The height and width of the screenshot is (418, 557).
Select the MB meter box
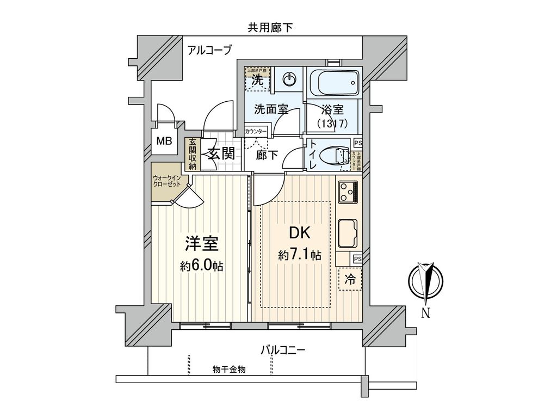click(x=164, y=142)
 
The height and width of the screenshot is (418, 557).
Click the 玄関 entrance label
click(x=221, y=154)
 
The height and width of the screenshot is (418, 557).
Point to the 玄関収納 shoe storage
click(x=192, y=155)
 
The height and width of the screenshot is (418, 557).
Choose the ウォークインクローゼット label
click(x=167, y=181)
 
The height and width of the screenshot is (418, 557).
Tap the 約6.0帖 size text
click(x=202, y=267)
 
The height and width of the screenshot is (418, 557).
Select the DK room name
click(x=299, y=233)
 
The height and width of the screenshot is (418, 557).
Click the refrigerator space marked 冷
click(x=350, y=280)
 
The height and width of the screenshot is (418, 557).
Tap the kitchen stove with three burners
click(x=348, y=191)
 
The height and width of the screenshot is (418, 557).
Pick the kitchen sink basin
click(x=348, y=233)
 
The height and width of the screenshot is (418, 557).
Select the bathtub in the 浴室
click(x=333, y=83)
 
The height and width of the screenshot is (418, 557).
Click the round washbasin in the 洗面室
click(x=289, y=80)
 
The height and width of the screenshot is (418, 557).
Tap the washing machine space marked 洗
click(x=257, y=80)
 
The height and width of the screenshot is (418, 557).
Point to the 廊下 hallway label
click(x=267, y=155)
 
